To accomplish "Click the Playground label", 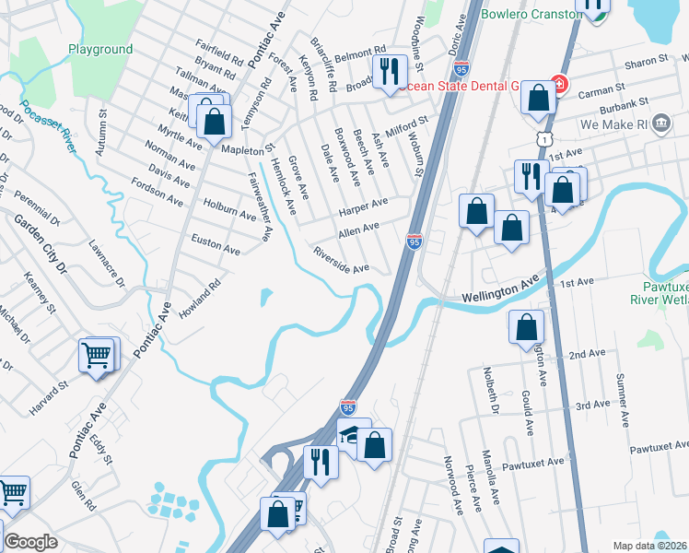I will (100, 49).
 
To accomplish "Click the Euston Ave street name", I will (215, 244).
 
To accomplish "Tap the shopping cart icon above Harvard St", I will (97, 355).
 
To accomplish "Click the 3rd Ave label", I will (592, 405).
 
